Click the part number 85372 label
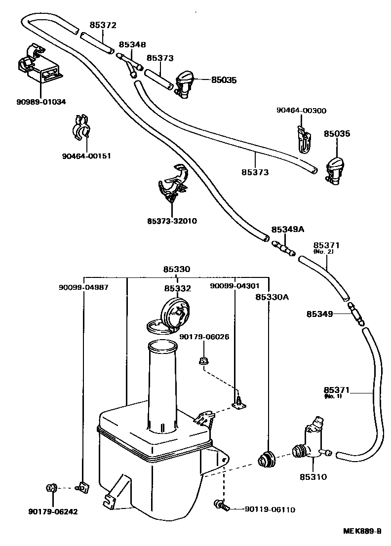(103, 25)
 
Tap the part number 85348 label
(132, 44)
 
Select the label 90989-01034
(40, 102)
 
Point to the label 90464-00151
(86, 156)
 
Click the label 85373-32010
(172, 221)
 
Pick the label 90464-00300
(301, 111)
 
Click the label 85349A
(287, 230)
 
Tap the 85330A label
(272, 297)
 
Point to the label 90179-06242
(53, 511)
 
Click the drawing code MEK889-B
(362, 531)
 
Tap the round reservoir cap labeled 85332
(173, 313)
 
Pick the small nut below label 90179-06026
(202, 361)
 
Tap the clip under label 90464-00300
(304, 140)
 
